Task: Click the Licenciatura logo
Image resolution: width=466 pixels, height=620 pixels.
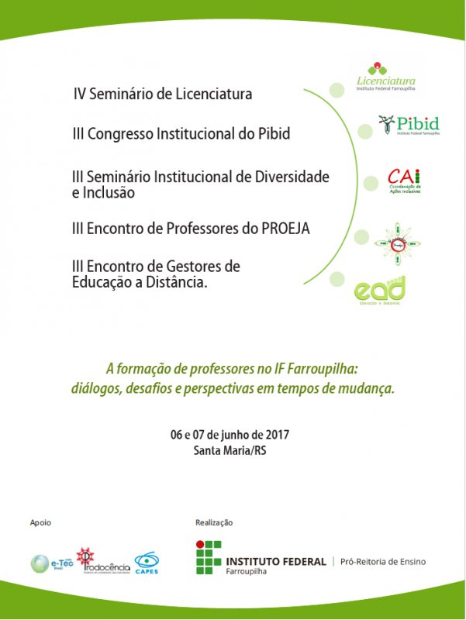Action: tap(386, 76)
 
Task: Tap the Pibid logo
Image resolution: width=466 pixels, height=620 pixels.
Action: tap(409, 125)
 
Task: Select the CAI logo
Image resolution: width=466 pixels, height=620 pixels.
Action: tap(404, 181)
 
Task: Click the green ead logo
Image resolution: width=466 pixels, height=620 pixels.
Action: tap(380, 293)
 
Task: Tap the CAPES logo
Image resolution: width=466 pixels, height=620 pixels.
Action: tap(147, 562)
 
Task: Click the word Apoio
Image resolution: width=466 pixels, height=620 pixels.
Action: tap(40, 522)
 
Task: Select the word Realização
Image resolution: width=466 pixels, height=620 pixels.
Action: tap(214, 522)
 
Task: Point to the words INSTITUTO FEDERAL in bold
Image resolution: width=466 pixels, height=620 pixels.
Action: tap(276, 561)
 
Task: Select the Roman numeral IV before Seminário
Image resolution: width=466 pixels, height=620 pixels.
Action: tap(79, 95)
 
